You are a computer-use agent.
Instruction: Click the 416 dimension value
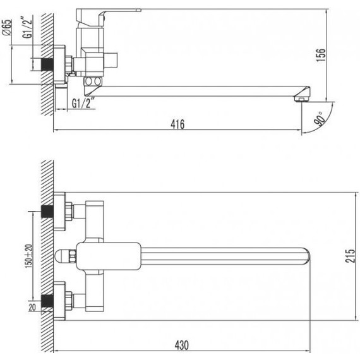click(177, 124)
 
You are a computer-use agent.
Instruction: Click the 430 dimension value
click(182, 345)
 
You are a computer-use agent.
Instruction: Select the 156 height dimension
click(321, 55)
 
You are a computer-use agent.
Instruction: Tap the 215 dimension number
click(350, 256)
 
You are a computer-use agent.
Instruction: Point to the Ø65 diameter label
click(7, 28)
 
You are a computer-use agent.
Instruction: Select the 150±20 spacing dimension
click(28, 256)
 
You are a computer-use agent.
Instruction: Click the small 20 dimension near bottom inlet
click(32, 307)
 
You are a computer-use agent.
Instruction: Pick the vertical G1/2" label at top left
click(27, 27)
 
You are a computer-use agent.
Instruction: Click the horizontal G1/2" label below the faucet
click(83, 104)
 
